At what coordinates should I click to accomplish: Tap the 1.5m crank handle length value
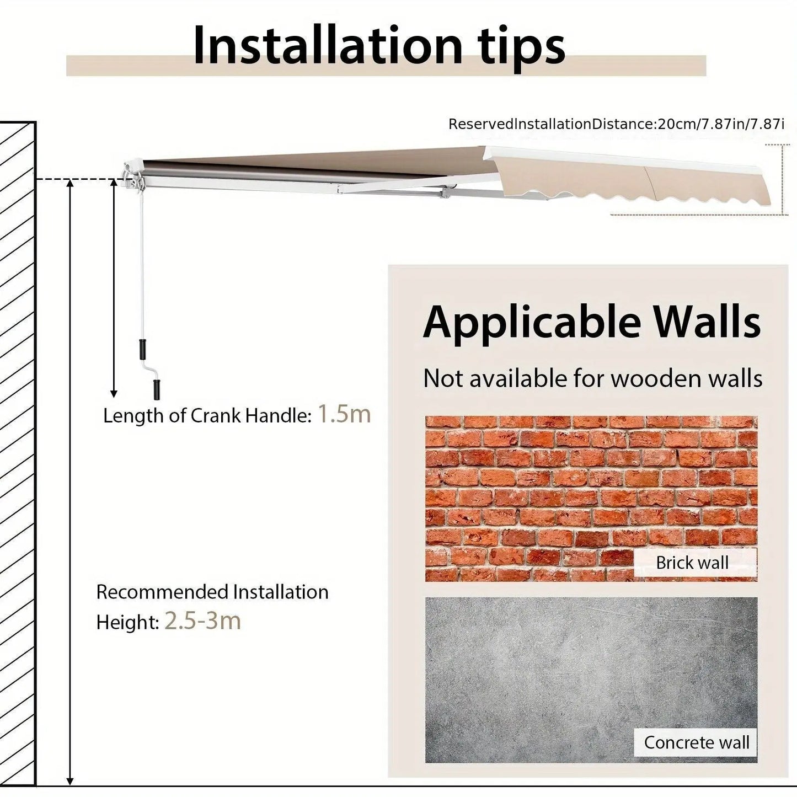[x=344, y=414]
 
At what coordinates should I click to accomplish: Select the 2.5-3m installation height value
[x=202, y=621]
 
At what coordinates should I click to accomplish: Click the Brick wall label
[x=692, y=563]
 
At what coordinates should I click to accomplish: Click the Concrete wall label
[x=697, y=742]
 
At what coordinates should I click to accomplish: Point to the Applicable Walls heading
[x=591, y=323]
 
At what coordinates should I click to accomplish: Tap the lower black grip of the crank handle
[x=157, y=389]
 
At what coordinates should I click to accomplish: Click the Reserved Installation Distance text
[x=616, y=124]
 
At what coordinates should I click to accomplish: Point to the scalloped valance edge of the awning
[x=637, y=199]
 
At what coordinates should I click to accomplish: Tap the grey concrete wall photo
[x=591, y=680]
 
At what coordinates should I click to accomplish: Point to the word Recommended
[x=161, y=592]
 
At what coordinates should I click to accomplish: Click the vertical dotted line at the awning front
[x=783, y=179]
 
